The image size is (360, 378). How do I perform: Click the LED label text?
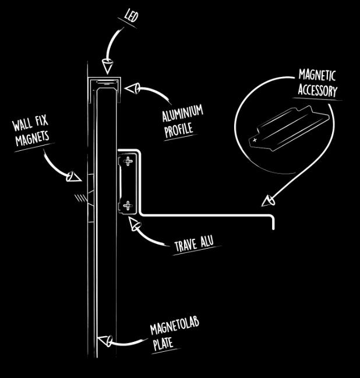pyautogui.click(x=132, y=16)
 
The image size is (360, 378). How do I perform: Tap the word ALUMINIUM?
pyautogui.click(x=182, y=114)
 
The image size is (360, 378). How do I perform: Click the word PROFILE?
pyautogui.click(x=179, y=130)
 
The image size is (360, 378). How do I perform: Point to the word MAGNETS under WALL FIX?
pyautogui.click(x=32, y=139)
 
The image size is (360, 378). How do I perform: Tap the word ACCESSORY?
pyautogui.click(x=317, y=90)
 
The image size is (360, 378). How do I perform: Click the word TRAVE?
pyautogui.click(x=186, y=245)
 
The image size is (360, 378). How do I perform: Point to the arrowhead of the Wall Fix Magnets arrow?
pyautogui.click(x=72, y=176)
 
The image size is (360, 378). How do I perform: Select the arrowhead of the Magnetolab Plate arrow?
pyautogui.click(x=104, y=340)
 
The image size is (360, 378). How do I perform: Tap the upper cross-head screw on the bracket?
pyautogui.click(x=128, y=161)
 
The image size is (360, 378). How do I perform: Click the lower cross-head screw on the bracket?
pyautogui.click(x=128, y=204)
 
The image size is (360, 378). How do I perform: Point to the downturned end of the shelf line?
pyautogui.click(x=273, y=224)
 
